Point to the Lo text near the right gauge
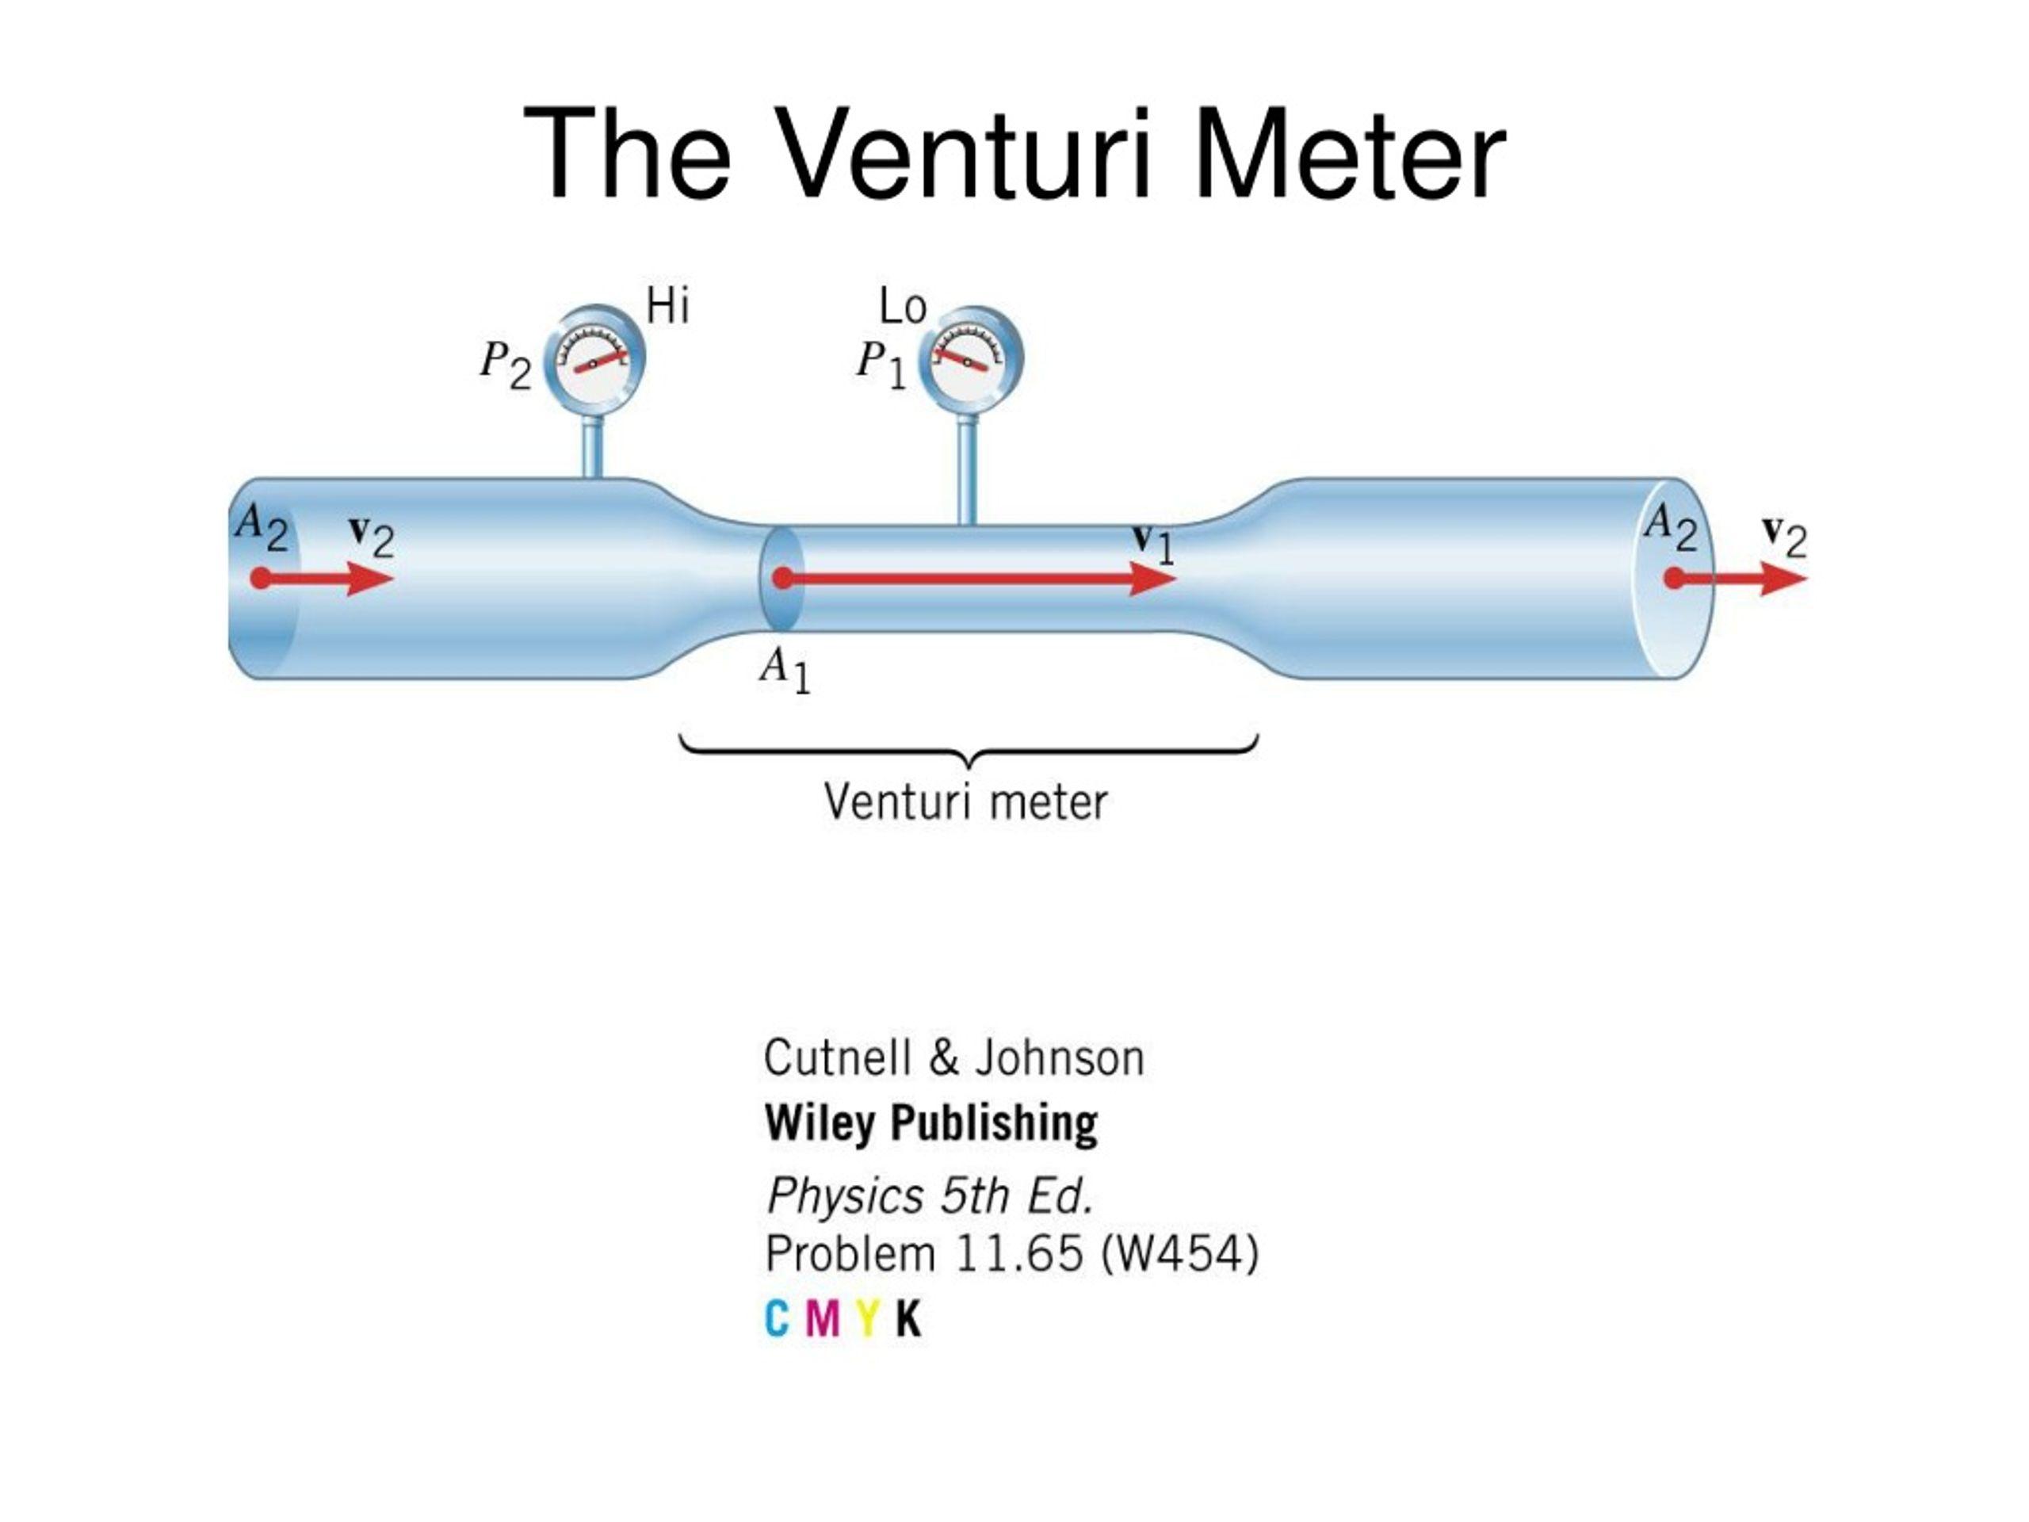click(x=903, y=308)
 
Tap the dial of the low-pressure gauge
click(x=970, y=360)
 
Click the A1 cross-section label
click(x=785, y=671)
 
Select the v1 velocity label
click(x=1152, y=543)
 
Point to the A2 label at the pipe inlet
click(x=262, y=529)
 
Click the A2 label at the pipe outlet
click(x=1670, y=529)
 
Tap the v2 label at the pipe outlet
click(x=1785, y=537)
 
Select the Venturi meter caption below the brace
click(x=966, y=802)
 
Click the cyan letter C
click(x=777, y=1319)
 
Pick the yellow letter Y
click(x=868, y=1319)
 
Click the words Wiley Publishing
click(x=931, y=1123)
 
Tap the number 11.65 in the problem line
click(x=1019, y=1254)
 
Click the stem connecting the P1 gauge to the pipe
click(x=967, y=470)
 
